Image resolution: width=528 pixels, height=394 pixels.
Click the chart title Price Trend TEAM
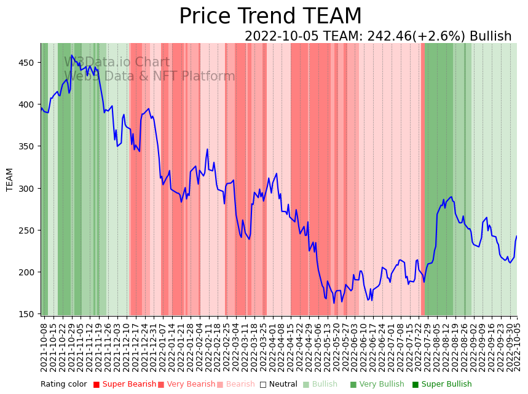pyautogui.click(x=270, y=17)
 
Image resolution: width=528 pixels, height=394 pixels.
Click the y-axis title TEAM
pyautogui.click(x=10, y=179)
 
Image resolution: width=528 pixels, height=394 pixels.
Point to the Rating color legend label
pyautogui.click(x=64, y=385)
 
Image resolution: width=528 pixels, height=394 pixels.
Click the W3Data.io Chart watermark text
pyautogui.click(x=117, y=62)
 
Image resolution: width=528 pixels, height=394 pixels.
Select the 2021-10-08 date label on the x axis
pyautogui.click(x=44, y=347)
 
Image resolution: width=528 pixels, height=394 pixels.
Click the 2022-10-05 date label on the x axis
pyautogui.click(x=517, y=347)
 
